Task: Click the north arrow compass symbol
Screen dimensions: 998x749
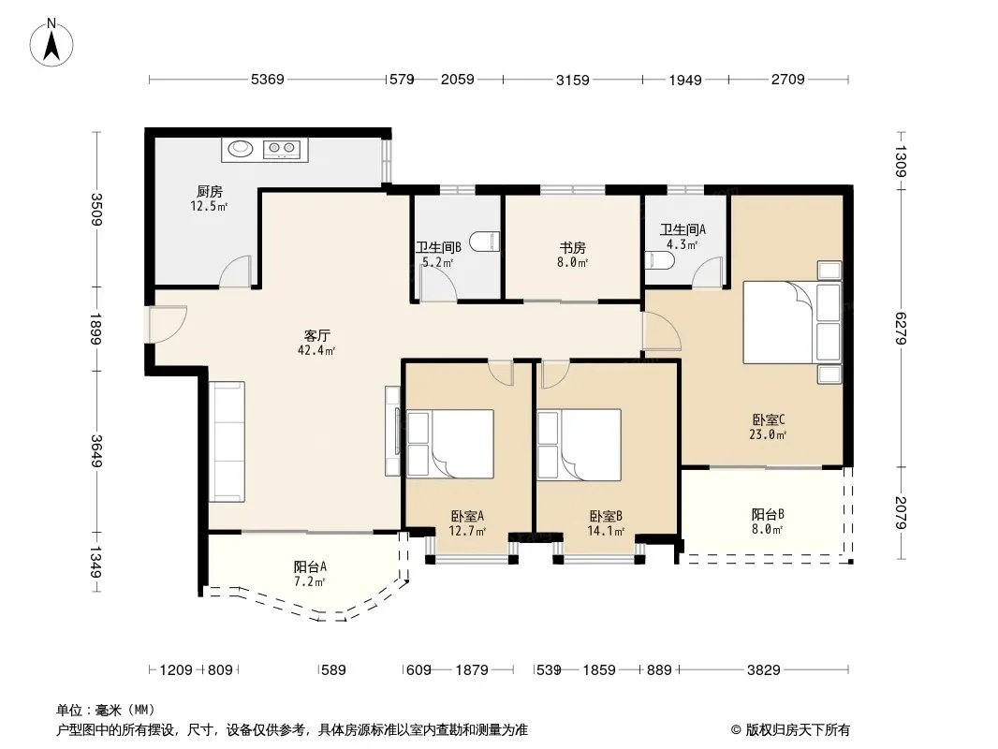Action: click(51, 42)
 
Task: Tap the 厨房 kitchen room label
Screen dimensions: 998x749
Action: click(210, 191)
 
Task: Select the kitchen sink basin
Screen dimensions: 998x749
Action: click(241, 148)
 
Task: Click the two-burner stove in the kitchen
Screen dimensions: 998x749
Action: click(282, 149)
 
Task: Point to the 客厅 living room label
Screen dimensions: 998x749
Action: click(316, 335)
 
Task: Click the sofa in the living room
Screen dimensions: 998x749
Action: click(227, 442)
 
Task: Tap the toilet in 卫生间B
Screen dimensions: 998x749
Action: click(485, 242)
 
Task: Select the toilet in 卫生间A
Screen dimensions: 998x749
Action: click(659, 261)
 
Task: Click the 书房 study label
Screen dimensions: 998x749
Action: click(572, 247)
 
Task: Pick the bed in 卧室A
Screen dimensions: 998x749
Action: click(450, 444)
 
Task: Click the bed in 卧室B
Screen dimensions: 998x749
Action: click(580, 444)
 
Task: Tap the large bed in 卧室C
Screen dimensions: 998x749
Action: click(792, 323)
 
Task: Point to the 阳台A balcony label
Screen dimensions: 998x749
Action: click(310, 566)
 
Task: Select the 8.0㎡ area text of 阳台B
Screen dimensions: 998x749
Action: click(768, 529)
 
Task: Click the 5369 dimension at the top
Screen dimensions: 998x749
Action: click(268, 80)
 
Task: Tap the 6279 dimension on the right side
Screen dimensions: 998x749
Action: click(900, 329)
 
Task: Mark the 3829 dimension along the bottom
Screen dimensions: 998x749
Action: click(763, 669)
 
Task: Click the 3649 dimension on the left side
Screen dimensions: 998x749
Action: click(96, 450)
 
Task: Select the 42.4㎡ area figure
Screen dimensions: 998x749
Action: click(316, 350)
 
